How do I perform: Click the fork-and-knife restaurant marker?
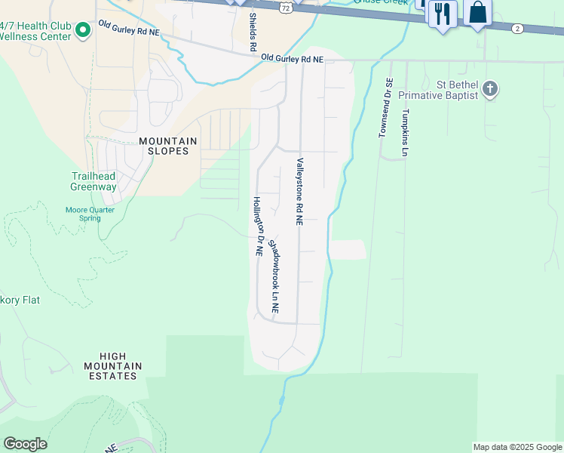[x=443, y=14]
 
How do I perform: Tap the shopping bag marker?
[x=477, y=13]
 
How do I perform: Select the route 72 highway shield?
[x=284, y=7]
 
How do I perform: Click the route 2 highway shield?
[x=516, y=28]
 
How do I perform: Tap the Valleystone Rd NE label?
[x=299, y=192]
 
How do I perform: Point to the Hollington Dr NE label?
[x=257, y=226]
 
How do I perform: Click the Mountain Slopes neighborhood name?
[x=168, y=146]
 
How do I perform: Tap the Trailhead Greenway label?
[x=93, y=181]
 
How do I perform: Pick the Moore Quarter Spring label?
[x=89, y=214]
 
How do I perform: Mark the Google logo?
[x=25, y=444]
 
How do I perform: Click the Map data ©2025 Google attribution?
[x=517, y=447]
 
